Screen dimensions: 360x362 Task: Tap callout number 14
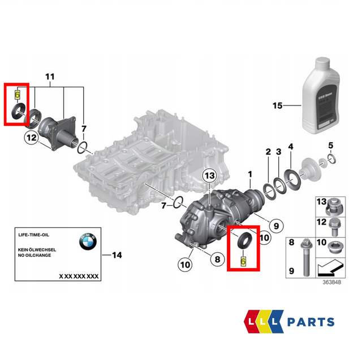coord(117,256)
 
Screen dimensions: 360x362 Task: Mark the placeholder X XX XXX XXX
coord(79,276)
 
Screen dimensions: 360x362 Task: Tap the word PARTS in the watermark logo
coord(309,322)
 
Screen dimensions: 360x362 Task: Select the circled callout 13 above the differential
coord(209,177)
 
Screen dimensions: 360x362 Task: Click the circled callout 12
coord(31,137)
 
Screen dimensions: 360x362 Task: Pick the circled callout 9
coord(277,226)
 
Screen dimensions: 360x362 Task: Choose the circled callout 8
coord(216,260)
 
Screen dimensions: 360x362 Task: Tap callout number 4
coord(290,147)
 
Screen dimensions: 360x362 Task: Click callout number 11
coord(50,76)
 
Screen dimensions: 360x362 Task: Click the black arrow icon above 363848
coord(331,265)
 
